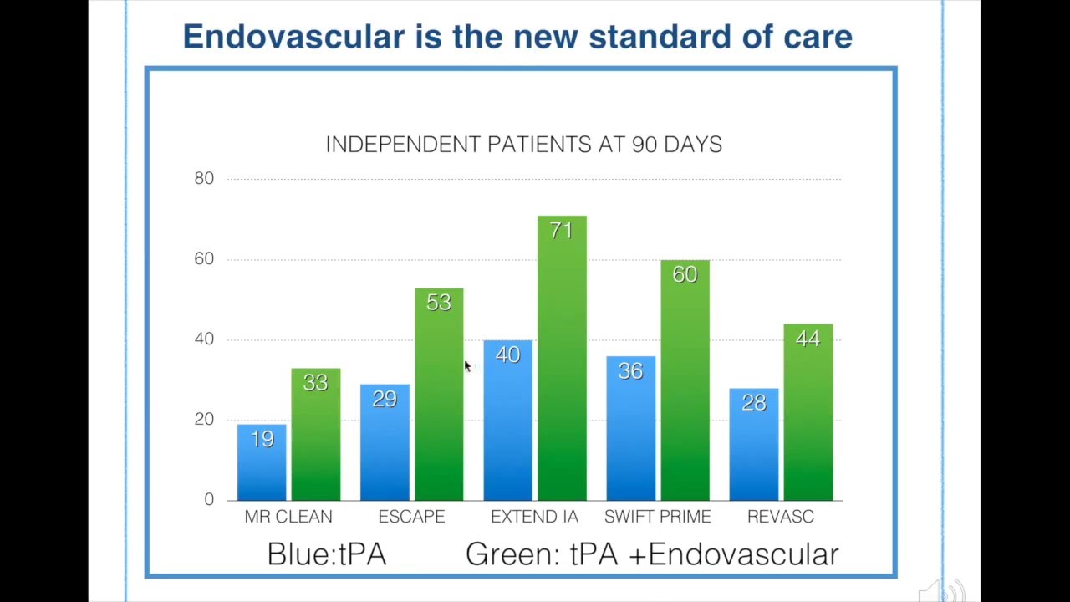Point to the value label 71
562,230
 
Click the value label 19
262,439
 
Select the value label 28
753,402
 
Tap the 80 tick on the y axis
204,178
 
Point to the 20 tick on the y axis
204,419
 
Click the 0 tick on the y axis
209,499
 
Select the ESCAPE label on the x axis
411,517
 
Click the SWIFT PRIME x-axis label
657,517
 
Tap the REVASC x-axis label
780,517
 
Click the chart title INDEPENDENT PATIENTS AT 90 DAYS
523,145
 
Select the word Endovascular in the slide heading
293,37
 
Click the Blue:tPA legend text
327,554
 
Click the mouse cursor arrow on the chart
467,366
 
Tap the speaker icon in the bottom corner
945,591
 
